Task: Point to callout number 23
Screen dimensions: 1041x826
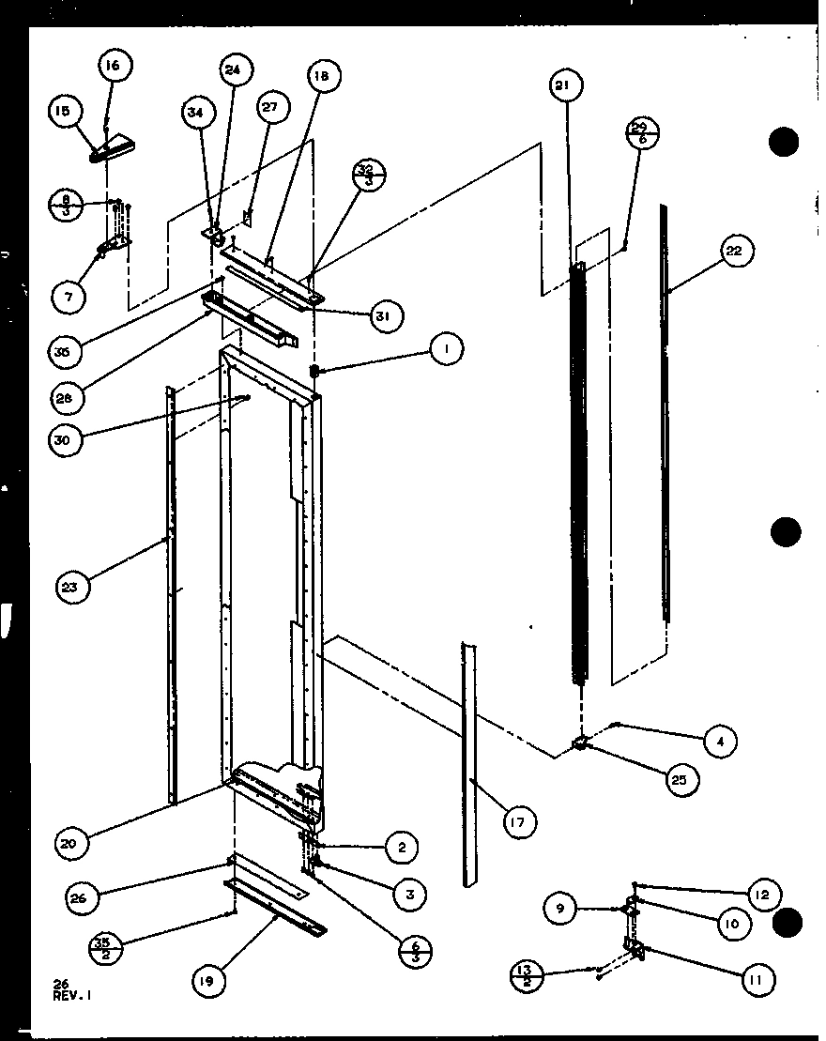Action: point(72,589)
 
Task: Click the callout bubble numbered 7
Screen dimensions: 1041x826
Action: point(69,297)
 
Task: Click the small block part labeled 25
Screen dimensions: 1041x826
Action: point(582,744)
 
